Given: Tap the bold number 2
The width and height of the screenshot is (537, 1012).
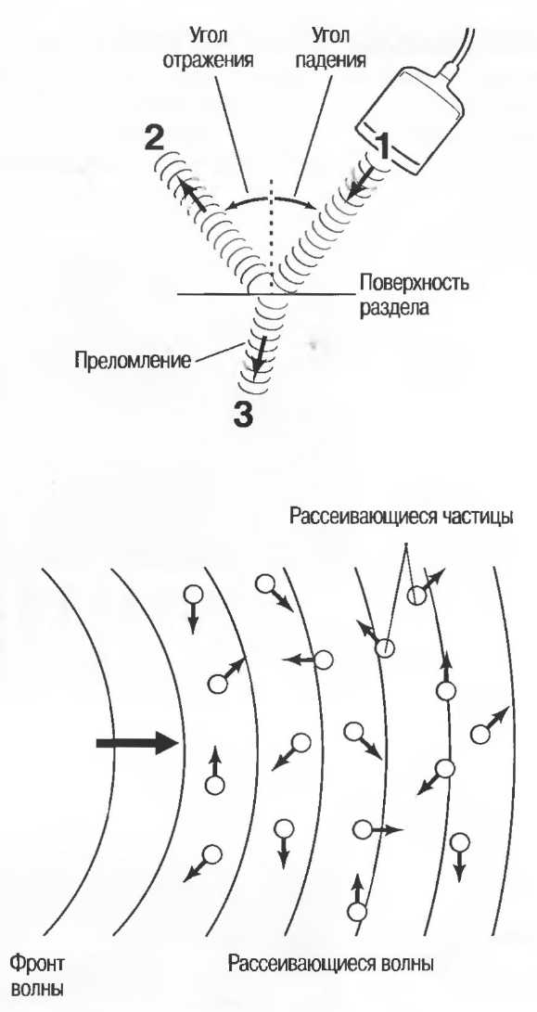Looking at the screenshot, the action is [x=154, y=139].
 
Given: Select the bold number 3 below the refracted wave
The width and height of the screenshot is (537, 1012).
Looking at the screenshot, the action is [x=243, y=415].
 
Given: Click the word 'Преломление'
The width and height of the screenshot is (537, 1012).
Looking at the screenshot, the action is [x=133, y=360].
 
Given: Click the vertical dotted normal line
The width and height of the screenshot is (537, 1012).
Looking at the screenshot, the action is [x=272, y=237].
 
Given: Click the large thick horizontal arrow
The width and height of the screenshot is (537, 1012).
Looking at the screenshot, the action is [x=136, y=743].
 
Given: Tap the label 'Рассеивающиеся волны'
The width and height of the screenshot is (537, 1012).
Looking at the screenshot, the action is [x=331, y=965].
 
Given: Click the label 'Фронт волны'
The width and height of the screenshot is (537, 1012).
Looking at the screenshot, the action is [x=36, y=975].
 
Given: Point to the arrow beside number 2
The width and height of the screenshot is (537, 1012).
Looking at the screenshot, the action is [x=194, y=197].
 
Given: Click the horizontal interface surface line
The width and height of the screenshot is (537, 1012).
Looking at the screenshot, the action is [x=265, y=295].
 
